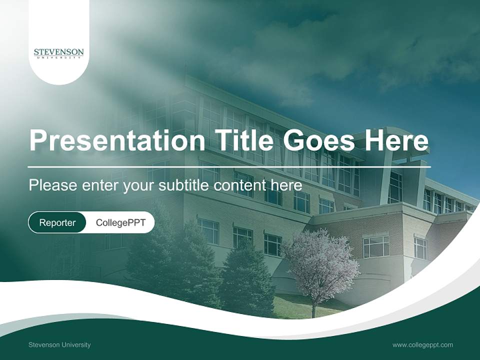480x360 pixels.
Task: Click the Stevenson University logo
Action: tap(59, 53)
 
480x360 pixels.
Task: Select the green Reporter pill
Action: tap(57, 222)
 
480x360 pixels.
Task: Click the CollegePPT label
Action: tap(120, 222)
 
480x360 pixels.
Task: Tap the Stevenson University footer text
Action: tap(59, 344)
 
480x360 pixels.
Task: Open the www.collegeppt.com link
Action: tap(422, 344)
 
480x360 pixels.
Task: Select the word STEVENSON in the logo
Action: tap(59, 51)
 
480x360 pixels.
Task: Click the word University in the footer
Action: tap(75, 344)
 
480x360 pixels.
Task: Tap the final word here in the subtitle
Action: tap(287, 185)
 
